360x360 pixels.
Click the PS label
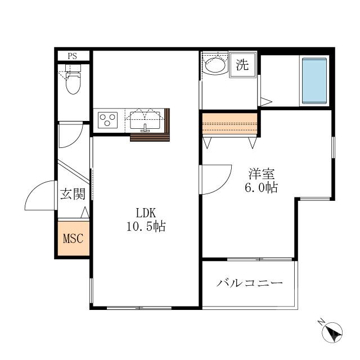[x=73, y=56]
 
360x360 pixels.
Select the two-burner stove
[x=108, y=120]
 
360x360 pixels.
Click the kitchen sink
[x=145, y=120]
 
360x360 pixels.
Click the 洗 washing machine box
[x=242, y=65]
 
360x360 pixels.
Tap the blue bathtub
[x=314, y=80]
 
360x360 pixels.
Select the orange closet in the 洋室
[x=229, y=124]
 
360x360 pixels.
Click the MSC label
[x=73, y=238]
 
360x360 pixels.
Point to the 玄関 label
[x=73, y=195]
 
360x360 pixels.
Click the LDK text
[x=145, y=213]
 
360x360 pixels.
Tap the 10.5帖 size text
[x=145, y=227]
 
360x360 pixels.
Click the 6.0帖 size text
[x=260, y=188]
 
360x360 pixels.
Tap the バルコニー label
[x=250, y=283]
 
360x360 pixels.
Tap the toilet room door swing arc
[x=71, y=135]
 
